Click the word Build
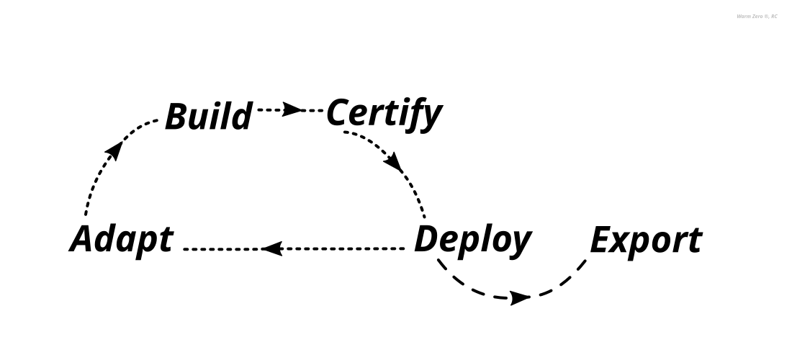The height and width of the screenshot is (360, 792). tap(209, 117)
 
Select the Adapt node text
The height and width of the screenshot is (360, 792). tap(122, 239)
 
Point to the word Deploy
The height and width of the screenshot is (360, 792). tap(472, 240)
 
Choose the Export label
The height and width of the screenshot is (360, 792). tap(645, 240)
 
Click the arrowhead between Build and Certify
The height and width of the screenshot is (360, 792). tap(292, 110)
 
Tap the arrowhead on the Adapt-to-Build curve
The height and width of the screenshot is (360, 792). tap(113, 150)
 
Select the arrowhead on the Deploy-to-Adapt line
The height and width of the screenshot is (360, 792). tap(271, 248)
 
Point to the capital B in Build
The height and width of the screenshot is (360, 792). tap(177, 117)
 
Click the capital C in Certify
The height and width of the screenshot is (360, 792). tap(339, 114)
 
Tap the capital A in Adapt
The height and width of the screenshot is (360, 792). tap(84, 239)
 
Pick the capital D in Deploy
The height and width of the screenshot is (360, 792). tap(428, 239)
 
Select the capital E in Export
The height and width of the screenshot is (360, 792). tap(603, 240)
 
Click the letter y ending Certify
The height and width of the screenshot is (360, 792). tap(430, 120)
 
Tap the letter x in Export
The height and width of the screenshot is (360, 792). tap(624, 243)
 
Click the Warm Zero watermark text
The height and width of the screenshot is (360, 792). tap(757, 16)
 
